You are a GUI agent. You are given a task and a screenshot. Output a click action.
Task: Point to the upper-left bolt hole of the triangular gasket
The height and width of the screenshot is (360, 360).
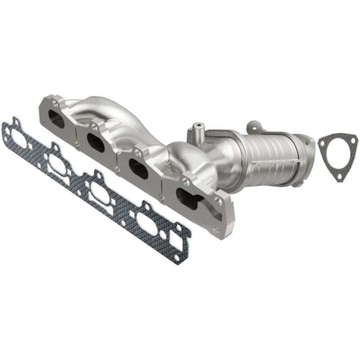[322, 143]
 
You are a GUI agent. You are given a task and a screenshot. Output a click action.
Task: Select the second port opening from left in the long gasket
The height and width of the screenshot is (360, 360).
[60, 164]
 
